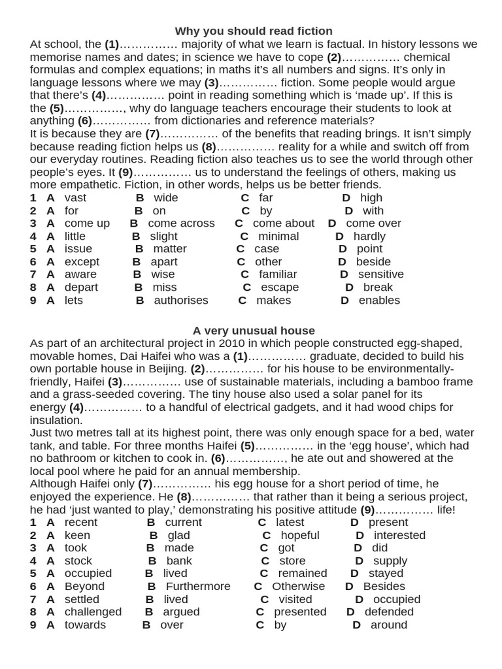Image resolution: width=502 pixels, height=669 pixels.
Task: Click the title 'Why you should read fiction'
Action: click(254, 31)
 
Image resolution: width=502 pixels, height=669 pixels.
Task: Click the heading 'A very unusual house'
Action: click(254, 331)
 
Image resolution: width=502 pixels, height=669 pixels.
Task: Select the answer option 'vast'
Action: click(75, 198)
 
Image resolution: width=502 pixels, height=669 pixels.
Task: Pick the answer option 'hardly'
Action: click(369, 237)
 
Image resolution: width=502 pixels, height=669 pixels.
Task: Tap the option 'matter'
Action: click(170, 249)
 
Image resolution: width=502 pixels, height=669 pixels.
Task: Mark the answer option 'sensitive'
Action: click(380, 274)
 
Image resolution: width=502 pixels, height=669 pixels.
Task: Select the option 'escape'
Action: click(280, 287)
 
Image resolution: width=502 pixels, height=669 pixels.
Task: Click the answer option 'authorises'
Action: click(181, 301)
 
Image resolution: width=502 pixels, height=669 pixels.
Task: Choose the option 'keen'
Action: click(77, 536)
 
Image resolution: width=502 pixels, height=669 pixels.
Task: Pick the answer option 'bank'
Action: click(179, 561)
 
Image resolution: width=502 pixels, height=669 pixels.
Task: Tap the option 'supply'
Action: click(390, 561)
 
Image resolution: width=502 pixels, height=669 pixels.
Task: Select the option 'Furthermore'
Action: click(198, 587)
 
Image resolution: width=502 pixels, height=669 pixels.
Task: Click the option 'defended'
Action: click(389, 612)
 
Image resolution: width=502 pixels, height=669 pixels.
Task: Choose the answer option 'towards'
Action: click(85, 625)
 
